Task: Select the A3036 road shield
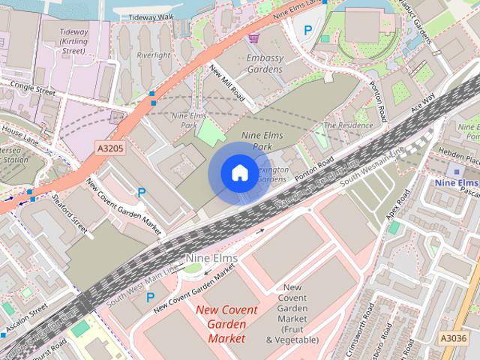pos(452,338)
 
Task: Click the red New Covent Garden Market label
pos(226,324)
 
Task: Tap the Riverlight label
pos(154,55)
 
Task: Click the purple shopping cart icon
pos(254,37)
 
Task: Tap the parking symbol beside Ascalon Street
pos(151,298)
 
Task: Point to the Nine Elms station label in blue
pos(456,183)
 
